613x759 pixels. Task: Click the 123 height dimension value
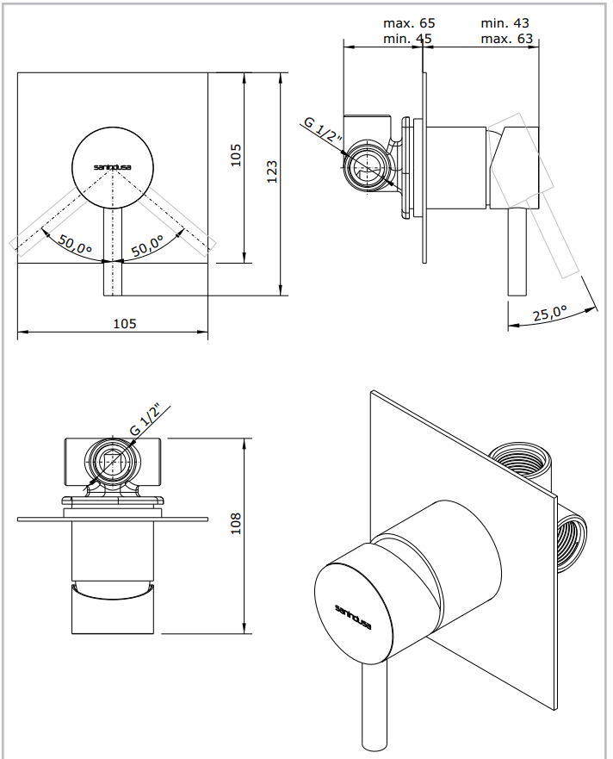pyautogui.click(x=272, y=171)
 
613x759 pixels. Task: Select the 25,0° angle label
pyautogui.click(x=551, y=314)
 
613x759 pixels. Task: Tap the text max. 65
pyautogui.click(x=409, y=23)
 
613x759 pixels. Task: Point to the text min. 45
pyautogui.click(x=409, y=39)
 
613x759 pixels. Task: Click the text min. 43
pyautogui.click(x=505, y=23)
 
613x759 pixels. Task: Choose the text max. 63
pyautogui.click(x=507, y=39)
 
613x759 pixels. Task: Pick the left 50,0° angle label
pyautogui.click(x=76, y=246)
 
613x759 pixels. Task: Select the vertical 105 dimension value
pyautogui.click(x=236, y=155)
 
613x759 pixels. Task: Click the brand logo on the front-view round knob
pyautogui.click(x=112, y=166)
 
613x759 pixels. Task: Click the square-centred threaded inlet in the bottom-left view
pyautogui.click(x=113, y=463)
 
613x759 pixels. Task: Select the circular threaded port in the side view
pyautogui.click(x=368, y=165)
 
